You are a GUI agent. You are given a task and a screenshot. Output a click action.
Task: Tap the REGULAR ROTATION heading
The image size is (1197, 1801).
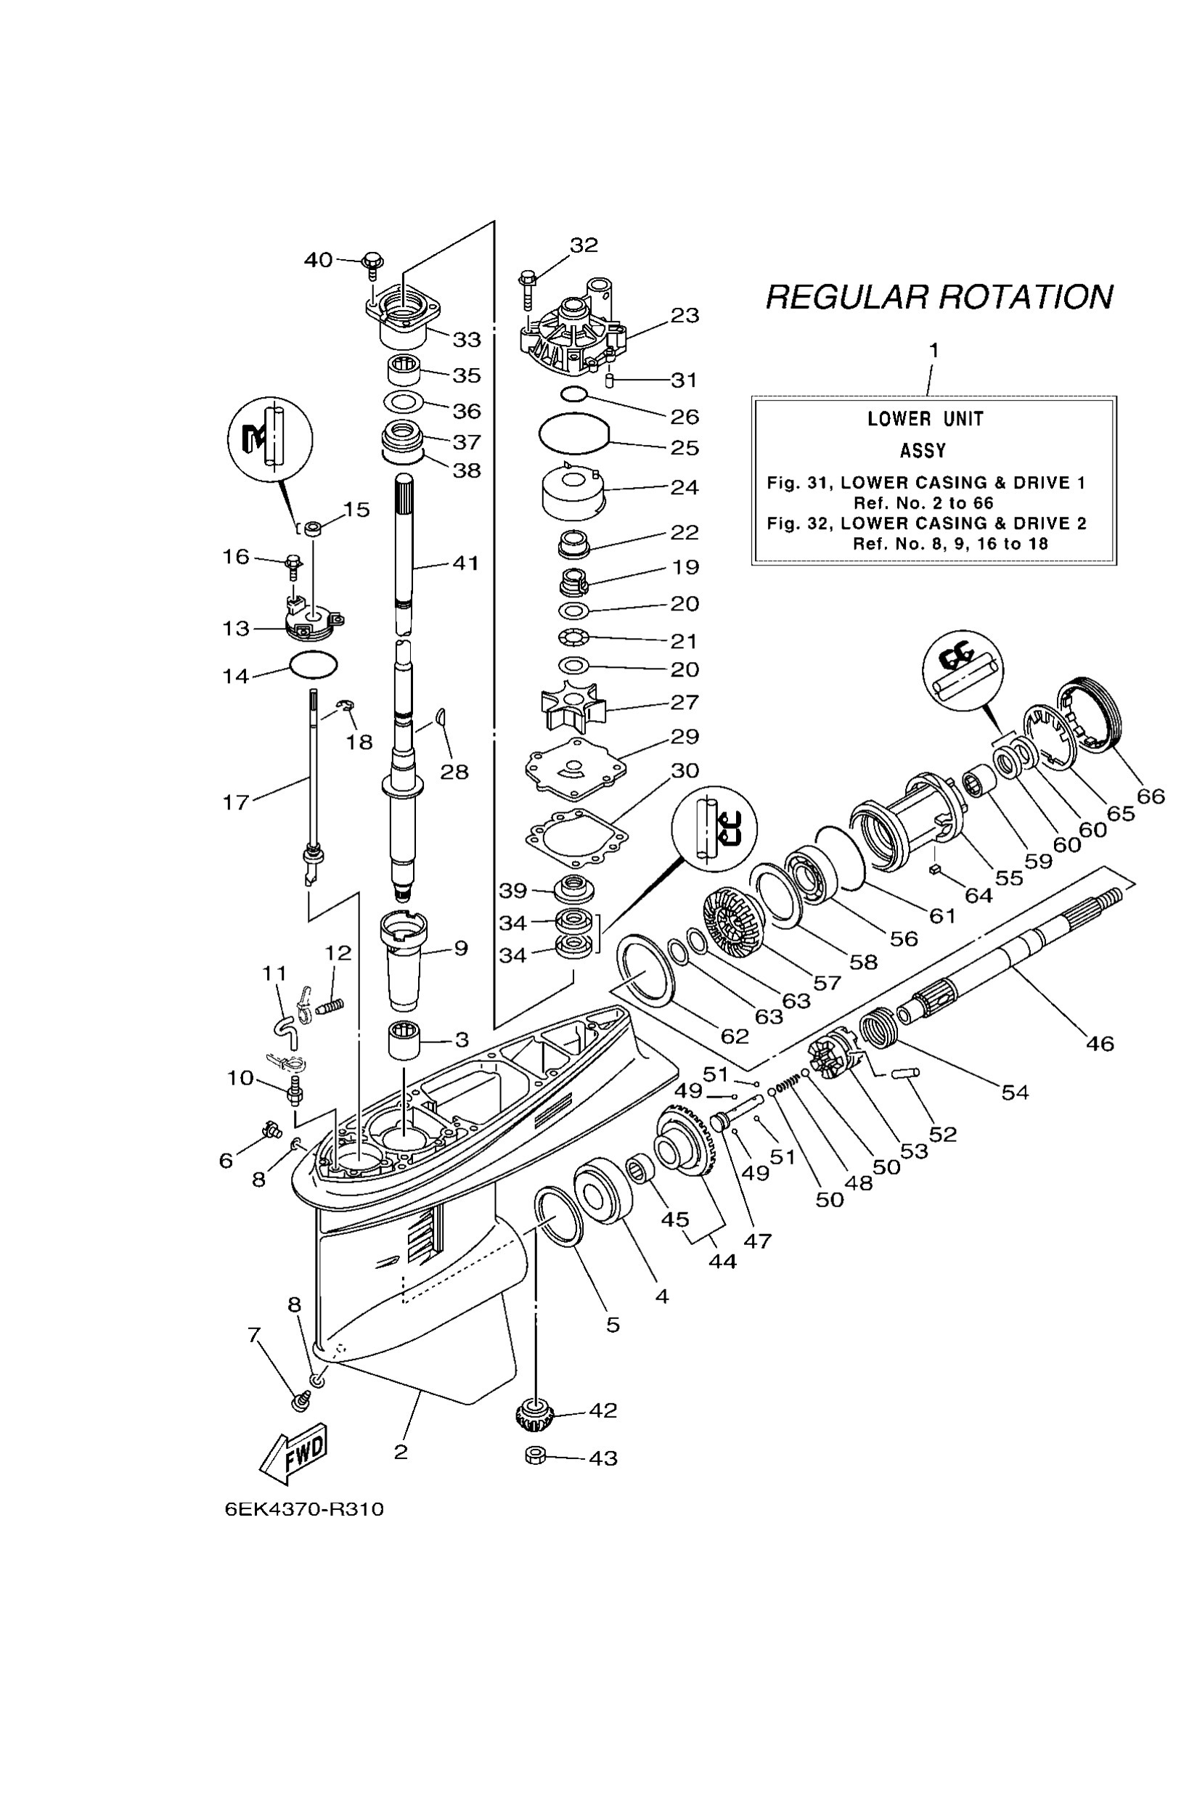tap(939, 297)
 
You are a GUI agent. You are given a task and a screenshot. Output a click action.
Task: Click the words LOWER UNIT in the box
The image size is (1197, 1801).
tap(926, 418)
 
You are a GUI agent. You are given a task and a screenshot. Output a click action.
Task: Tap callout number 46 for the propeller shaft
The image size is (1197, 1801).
tap(1099, 1043)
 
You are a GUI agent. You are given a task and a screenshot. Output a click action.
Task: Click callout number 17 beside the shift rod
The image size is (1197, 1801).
tap(236, 801)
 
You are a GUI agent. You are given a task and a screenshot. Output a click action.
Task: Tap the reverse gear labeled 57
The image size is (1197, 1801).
tap(735, 926)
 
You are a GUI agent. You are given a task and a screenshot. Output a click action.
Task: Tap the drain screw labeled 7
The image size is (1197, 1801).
tap(301, 1401)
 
